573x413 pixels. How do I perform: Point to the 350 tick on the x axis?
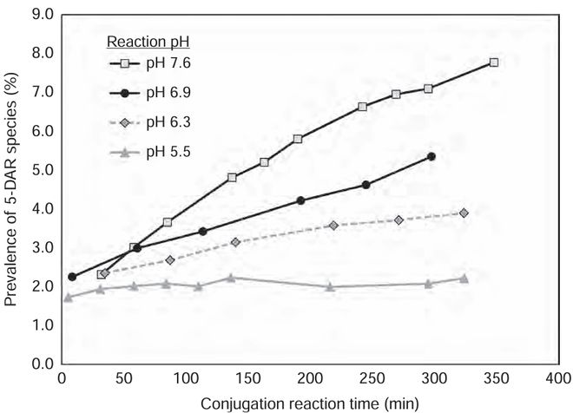click(494, 379)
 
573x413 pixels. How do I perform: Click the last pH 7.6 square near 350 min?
click(494, 62)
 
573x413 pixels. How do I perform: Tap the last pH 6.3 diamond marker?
click(464, 213)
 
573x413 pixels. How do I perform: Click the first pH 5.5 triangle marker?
click(68, 297)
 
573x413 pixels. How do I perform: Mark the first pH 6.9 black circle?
click(72, 277)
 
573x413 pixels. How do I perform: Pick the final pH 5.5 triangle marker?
click(464, 279)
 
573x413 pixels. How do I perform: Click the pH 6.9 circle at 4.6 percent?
click(366, 185)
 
